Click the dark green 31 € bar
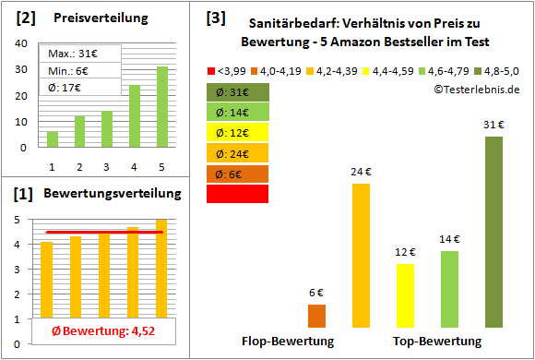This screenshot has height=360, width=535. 493,232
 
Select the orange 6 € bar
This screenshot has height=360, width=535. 316,316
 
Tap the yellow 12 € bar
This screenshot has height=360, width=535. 405,295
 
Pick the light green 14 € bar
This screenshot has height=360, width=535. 449,289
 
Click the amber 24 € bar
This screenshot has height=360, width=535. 361,256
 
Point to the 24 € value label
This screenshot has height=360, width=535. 361,173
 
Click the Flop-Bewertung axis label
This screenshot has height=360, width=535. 288,341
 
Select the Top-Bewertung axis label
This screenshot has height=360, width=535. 437,341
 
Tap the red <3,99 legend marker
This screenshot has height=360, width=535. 211,69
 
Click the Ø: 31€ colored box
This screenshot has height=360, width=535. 237,92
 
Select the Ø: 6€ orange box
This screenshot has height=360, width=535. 237,174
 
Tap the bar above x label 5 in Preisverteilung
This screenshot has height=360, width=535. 162,106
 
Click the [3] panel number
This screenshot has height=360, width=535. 215,18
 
